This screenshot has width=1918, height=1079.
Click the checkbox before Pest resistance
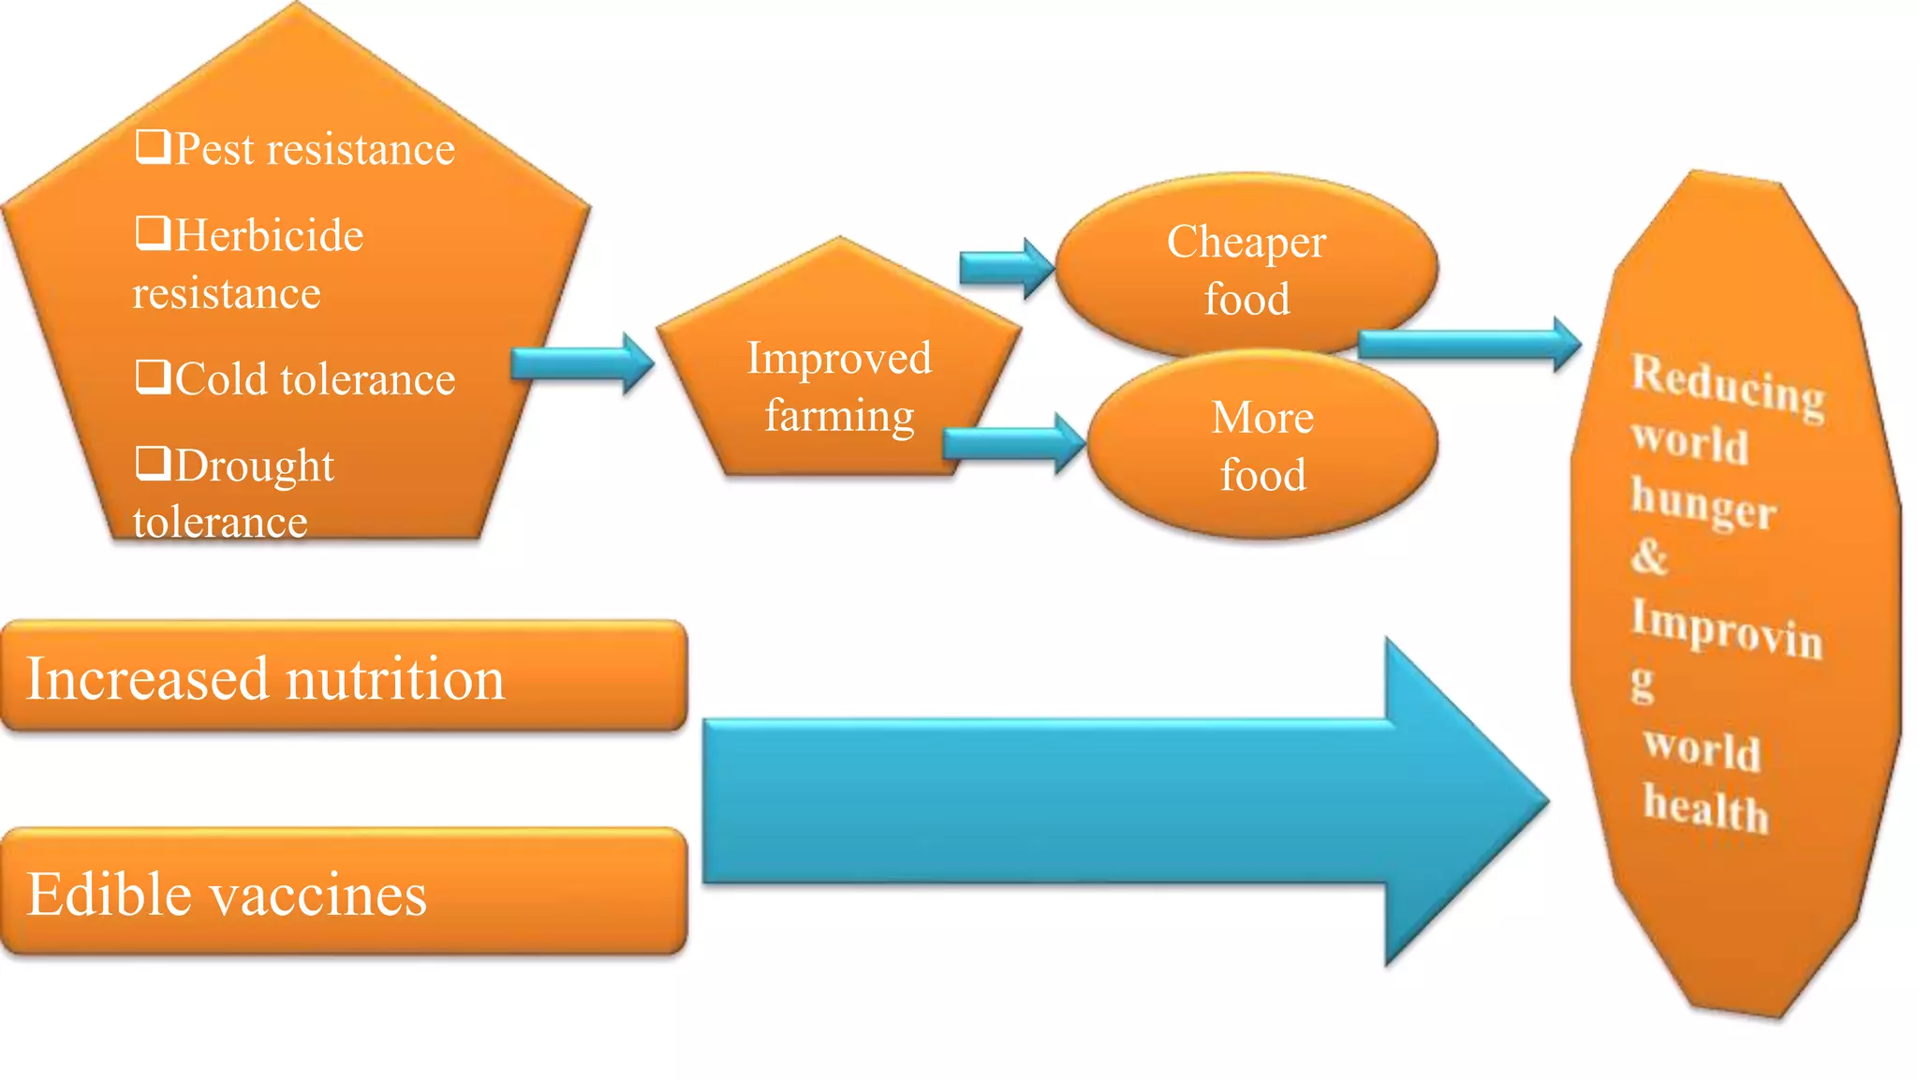click(153, 146)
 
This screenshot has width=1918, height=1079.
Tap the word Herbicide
click(269, 235)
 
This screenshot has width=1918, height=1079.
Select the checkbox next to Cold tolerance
click(153, 377)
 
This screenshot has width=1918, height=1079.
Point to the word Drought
click(254, 466)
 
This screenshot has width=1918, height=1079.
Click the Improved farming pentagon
click(838, 384)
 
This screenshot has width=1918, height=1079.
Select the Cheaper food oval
click(1246, 268)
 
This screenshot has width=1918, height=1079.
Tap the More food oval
click(1262, 446)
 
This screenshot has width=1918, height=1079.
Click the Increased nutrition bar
click(344, 676)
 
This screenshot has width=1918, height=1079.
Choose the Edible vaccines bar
click(344, 892)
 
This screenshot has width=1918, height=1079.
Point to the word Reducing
click(1728, 385)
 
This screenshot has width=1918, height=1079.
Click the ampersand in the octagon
click(1649, 556)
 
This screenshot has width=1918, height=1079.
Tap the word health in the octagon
click(1705, 807)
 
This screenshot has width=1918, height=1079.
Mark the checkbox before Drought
click(153, 463)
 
